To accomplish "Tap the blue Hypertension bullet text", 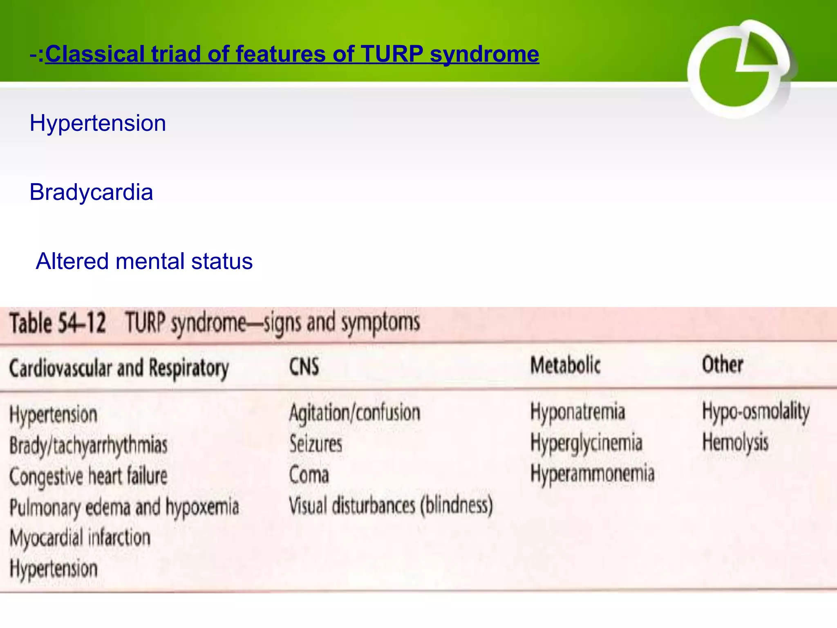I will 98,123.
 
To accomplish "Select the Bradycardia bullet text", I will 91,192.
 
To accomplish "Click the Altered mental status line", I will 144,261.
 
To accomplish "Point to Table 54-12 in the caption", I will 58,323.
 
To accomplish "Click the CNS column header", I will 304,366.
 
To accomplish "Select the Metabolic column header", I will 565,365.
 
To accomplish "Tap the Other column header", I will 722,364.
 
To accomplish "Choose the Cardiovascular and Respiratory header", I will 119,368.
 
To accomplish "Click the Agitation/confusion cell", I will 354,413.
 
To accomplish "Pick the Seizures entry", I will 316,444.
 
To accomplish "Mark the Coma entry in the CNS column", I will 309,475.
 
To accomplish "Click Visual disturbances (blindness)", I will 391,506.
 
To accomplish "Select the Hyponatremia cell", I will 577,412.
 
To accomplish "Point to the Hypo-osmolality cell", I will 755,412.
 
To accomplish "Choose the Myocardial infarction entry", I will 80,538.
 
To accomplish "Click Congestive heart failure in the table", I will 88,476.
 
